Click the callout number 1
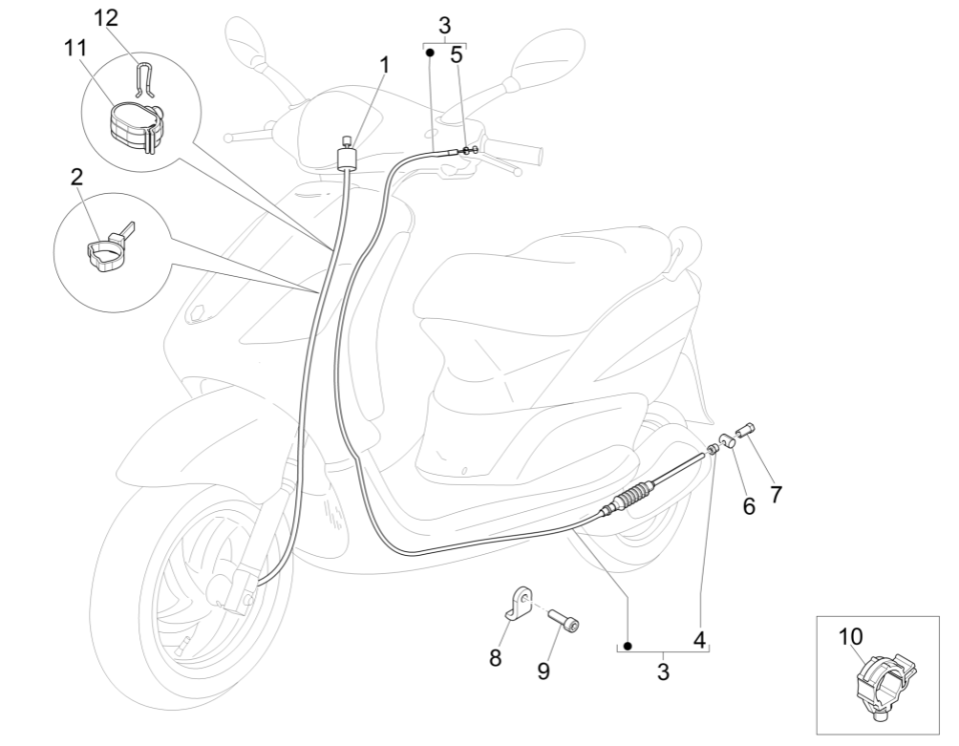pyautogui.click(x=385, y=65)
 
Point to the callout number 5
pyautogui.click(x=457, y=54)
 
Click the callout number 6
pyautogui.click(x=749, y=506)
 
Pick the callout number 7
pyautogui.click(x=776, y=494)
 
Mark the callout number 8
pyautogui.click(x=495, y=658)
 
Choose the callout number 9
pyautogui.click(x=543, y=671)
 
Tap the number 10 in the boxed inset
pyautogui.click(x=850, y=636)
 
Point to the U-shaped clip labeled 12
pyautogui.click(x=142, y=78)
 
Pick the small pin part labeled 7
pyautogui.click(x=745, y=428)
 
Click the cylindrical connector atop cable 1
pyautogui.click(x=348, y=155)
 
